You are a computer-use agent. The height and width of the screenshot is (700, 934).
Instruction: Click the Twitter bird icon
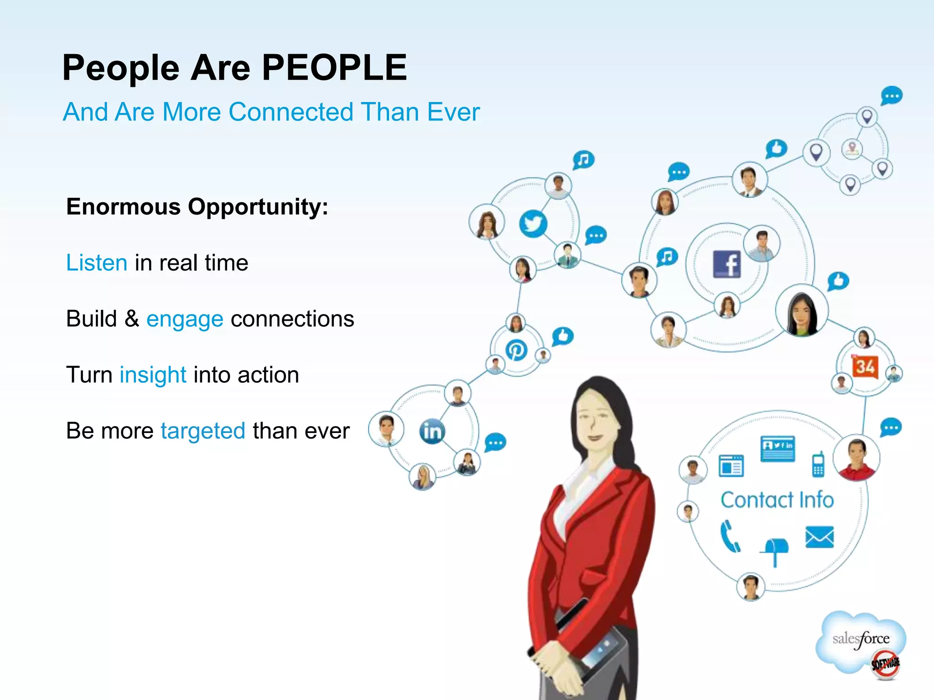(x=533, y=224)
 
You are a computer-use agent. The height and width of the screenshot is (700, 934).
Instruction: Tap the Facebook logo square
(x=727, y=264)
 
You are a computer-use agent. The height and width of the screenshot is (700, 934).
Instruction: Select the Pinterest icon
(x=516, y=350)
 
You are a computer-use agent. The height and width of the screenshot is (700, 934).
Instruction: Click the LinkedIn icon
(x=432, y=431)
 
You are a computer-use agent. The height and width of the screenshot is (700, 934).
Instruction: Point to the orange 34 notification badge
(x=865, y=367)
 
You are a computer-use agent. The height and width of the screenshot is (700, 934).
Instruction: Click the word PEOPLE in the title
(x=334, y=68)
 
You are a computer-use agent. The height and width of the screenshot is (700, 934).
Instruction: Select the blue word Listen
(x=97, y=263)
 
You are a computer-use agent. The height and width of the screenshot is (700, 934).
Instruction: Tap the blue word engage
(x=185, y=319)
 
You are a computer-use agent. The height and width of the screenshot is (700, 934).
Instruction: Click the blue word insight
(x=153, y=375)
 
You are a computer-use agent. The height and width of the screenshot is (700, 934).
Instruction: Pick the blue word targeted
(x=203, y=431)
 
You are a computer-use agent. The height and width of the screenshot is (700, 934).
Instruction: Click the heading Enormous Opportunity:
(x=197, y=206)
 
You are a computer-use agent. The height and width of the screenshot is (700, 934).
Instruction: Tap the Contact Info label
(x=777, y=500)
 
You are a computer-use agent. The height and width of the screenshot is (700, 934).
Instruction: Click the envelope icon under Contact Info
(x=820, y=537)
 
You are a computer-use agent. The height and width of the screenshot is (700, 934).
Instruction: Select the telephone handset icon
(x=730, y=536)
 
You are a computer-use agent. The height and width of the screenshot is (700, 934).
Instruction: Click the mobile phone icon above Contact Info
(x=818, y=464)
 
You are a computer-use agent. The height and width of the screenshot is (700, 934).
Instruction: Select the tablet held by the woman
(x=593, y=647)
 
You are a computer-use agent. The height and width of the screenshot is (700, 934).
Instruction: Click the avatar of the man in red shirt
(x=856, y=458)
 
